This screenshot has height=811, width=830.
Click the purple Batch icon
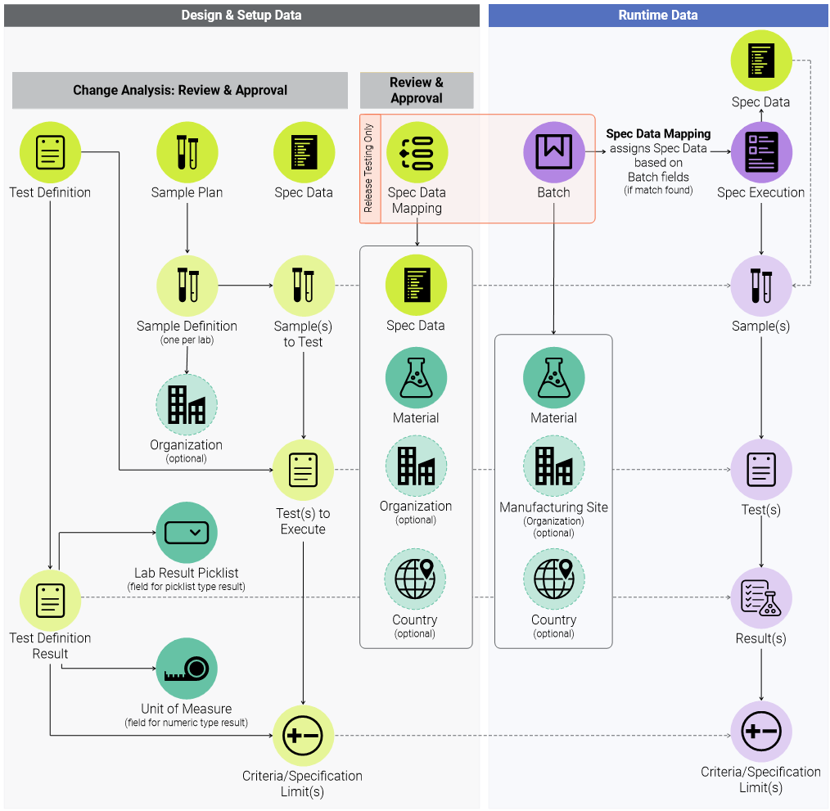pos(554,152)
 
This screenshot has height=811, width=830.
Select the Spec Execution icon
pos(760,152)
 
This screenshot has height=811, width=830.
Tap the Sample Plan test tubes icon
pos(187,152)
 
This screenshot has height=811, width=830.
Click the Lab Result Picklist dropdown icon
pos(187,532)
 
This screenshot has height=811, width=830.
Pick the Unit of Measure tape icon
pos(187,669)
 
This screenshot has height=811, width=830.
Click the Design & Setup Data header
pos(241,15)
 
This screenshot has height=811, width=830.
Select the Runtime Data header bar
pos(658,15)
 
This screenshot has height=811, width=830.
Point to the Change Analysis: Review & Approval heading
pos(180,90)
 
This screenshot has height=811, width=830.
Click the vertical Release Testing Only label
pos(368,168)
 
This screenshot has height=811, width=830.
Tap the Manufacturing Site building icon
pos(554,466)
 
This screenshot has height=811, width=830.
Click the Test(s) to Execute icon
pos(303,470)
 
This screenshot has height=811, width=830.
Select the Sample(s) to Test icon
pos(303,286)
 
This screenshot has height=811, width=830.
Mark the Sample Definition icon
pos(187,286)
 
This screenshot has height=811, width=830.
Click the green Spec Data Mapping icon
pos(417,152)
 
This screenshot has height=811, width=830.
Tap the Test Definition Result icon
pos(50,601)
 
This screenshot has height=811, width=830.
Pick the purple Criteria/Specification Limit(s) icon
pos(760,732)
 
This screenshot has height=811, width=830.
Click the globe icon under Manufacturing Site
pos(554,579)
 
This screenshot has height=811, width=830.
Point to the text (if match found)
pos(658,191)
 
